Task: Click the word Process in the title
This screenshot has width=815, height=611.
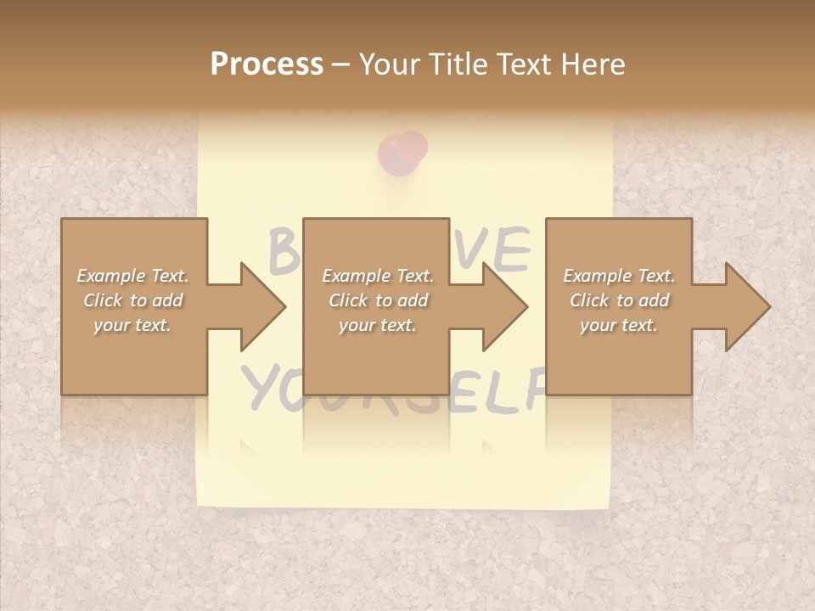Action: pyautogui.click(x=267, y=64)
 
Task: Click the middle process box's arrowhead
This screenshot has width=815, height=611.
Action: pyautogui.click(x=503, y=306)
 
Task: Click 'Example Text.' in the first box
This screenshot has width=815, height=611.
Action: pyautogui.click(x=132, y=276)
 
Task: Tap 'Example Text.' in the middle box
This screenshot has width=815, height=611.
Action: pyautogui.click(x=378, y=276)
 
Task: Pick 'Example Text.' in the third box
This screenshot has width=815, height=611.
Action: pyautogui.click(x=619, y=276)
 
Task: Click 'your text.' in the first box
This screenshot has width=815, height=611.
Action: pyautogui.click(x=132, y=325)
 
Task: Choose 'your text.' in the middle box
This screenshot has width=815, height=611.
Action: pyautogui.click(x=378, y=325)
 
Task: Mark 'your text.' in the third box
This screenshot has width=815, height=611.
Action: pyautogui.click(x=619, y=325)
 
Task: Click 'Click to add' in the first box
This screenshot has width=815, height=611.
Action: pyautogui.click(x=132, y=300)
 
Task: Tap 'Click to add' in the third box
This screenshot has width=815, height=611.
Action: pyautogui.click(x=619, y=300)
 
